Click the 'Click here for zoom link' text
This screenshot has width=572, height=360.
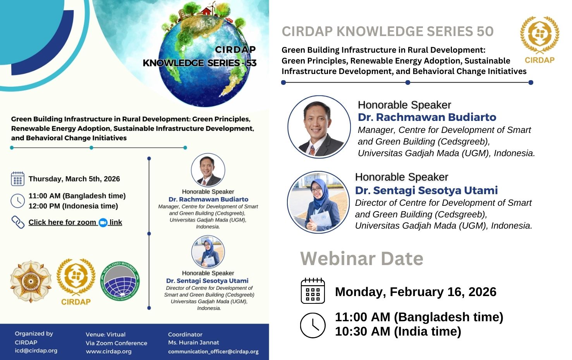pyautogui.click(x=75, y=222)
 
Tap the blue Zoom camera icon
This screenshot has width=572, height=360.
pyautogui.click(x=103, y=223)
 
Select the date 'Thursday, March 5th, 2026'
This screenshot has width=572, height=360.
pyautogui.click(x=74, y=179)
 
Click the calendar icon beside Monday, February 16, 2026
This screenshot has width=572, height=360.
pyautogui.click(x=313, y=291)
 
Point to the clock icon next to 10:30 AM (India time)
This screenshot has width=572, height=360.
pyautogui.click(x=313, y=325)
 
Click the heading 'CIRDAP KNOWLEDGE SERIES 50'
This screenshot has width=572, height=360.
pyautogui.click(x=388, y=31)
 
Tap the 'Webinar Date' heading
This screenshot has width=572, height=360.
pyautogui.click(x=362, y=258)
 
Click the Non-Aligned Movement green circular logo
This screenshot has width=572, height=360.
pyautogui.click(x=120, y=281)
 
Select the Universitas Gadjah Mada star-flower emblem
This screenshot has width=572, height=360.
pyautogui.click(x=31, y=281)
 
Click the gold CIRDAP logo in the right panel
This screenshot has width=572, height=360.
pyautogui.click(x=539, y=40)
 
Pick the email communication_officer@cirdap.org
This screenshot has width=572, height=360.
pyautogui.click(x=213, y=351)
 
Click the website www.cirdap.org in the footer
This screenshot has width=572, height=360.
pyautogui.click(x=108, y=351)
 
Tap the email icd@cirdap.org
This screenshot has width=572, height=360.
pyautogui.click(x=36, y=351)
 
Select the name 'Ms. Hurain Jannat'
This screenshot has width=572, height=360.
pyautogui.click(x=193, y=343)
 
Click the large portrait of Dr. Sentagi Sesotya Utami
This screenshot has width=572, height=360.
pyautogui.click(x=318, y=202)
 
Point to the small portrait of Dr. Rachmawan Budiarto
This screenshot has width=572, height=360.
pyautogui.click(x=208, y=170)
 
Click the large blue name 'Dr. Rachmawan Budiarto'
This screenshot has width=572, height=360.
pyautogui.click(x=427, y=117)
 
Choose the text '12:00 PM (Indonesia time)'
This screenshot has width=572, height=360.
pyautogui.click(x=73, y=206)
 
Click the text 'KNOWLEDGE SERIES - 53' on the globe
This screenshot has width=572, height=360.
pyautogui.click(x=200, y=63)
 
